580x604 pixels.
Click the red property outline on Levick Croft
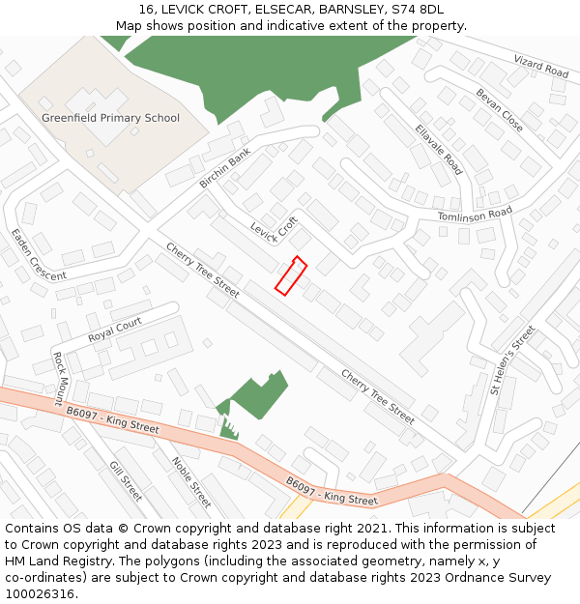pyautogui.click(x=290, y=274)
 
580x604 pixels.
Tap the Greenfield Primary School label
pyautogui.click(x=110, y=118)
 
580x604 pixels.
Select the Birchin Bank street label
pyautogui.click(x=224, y=168)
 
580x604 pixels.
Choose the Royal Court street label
pyautogui.click(x=115, y=330)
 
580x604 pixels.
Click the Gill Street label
pyautogui.click(x=126, y=480)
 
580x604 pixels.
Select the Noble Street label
pyautogui.click(x=191, y=482)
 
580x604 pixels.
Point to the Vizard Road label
pyautogui.click(x=541, y=66)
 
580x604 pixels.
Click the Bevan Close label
pyautogui.click(x=499, y=110)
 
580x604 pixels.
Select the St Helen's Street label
pyautogui.click(x=511, y=360)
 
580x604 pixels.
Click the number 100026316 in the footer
pyautogui.click(x=39, y=594)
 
